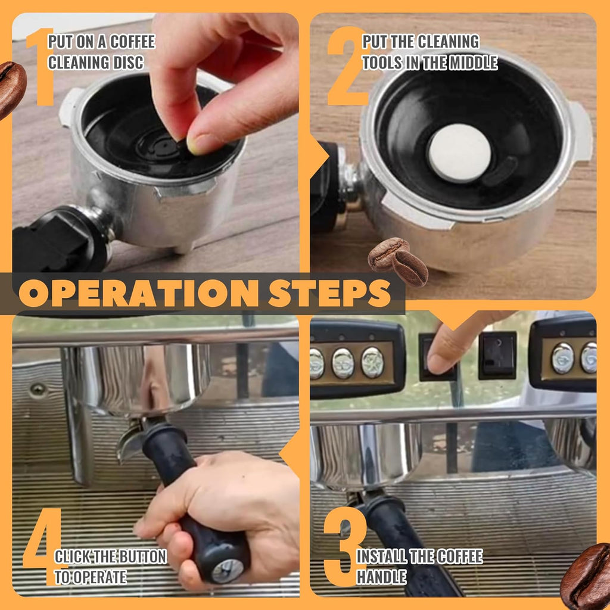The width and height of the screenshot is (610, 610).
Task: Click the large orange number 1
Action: point(41,67)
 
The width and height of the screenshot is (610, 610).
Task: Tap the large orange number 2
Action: point(347,67)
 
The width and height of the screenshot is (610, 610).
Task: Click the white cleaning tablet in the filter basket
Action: point(459,152)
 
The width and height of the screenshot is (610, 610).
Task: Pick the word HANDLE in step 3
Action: point(381,576)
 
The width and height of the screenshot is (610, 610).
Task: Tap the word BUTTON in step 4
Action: point(142,557)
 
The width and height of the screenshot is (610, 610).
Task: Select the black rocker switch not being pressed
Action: point(497,356)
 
